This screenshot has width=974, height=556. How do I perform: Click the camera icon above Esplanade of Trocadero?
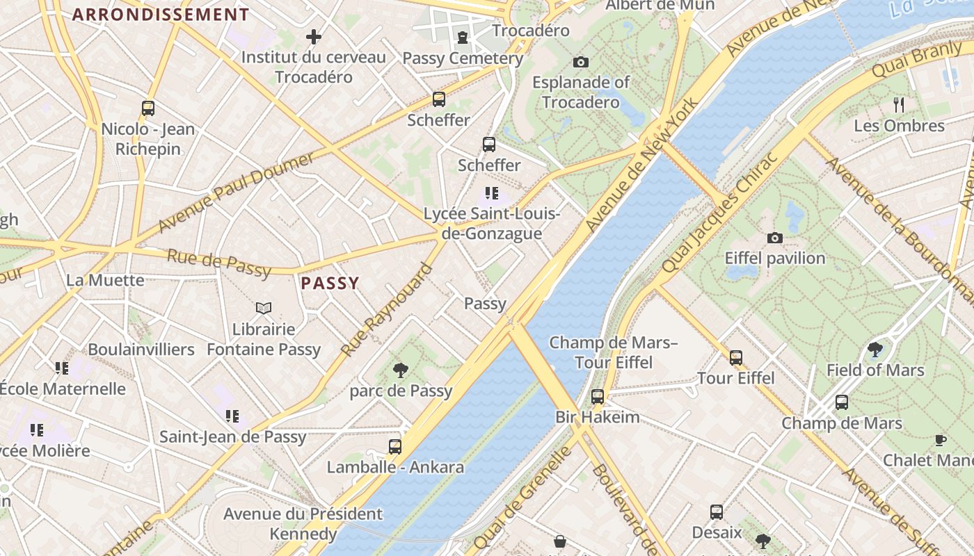coord(581,62)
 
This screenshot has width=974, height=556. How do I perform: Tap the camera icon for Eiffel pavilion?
coord(774,238)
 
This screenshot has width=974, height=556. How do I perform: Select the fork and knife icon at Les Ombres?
coord(899,105)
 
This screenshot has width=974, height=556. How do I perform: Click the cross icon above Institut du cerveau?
coord(314,36)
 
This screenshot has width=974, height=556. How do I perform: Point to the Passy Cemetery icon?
coord(463,38)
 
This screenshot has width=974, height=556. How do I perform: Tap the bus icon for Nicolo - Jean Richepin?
coord(148,108)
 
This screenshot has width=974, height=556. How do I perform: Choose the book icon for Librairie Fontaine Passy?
coord(264,308)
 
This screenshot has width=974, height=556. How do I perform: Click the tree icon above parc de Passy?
coord(401,370)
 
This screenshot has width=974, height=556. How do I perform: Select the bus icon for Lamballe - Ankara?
coord(395,446)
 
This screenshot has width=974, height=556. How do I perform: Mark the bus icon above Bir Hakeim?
coord(597,396)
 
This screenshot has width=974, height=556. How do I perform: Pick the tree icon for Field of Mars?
coord(875,350)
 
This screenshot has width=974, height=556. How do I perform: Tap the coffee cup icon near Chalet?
coord(941,439)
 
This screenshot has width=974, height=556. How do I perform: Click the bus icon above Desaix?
coord(717,512)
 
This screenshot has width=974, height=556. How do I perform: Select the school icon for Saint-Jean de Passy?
coord(232,416)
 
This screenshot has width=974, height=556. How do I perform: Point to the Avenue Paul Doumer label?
coord(235,193)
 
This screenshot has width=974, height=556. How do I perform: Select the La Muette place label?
coord(105,280)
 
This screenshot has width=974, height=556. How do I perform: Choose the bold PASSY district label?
coord(330,283)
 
